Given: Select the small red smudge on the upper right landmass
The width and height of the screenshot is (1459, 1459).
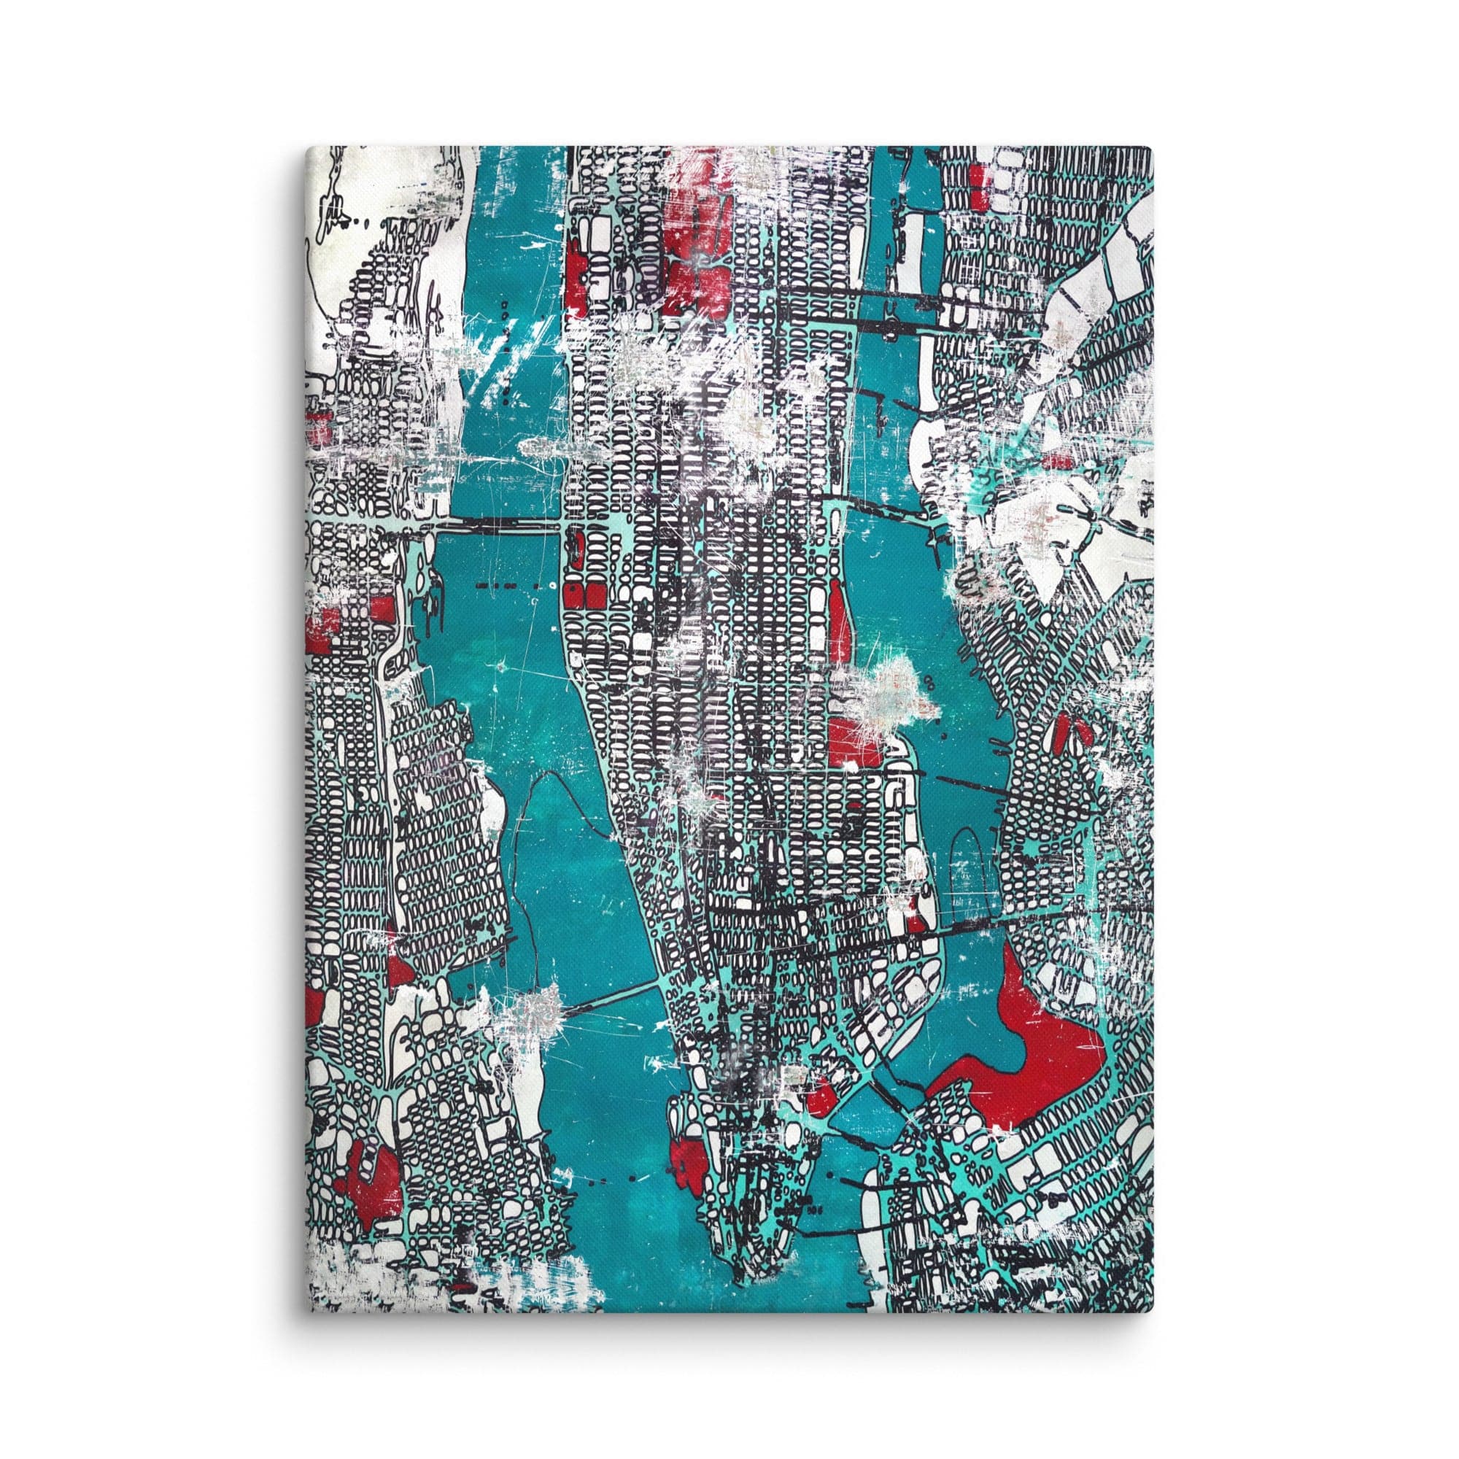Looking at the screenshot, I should (1053, 459).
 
